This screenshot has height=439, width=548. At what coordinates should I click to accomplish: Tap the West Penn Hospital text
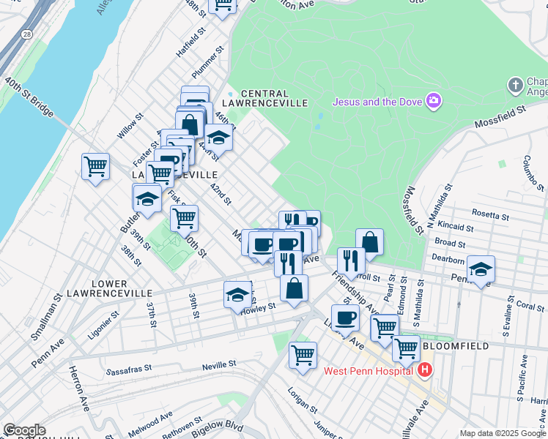[x=369, y=371]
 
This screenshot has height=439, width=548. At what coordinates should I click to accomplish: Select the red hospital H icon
[x=424, y=371]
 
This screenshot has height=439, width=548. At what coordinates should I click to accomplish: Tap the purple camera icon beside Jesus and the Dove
[x=434, y=100]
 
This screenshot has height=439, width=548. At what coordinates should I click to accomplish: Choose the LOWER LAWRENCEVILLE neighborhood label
[x=110, y=288]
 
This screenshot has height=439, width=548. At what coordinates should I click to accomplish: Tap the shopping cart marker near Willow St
[x=95, y=167]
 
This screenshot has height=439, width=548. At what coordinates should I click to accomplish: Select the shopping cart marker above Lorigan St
[x=303, y=356]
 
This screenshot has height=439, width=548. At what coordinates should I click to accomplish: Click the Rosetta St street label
[x=492, y=216]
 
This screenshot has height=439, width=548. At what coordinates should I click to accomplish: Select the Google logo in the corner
[x=24, y=430]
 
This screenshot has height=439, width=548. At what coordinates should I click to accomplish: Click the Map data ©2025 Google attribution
[x=503, y=433]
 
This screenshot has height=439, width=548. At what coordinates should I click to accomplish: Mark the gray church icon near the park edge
[x=514, y=86]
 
